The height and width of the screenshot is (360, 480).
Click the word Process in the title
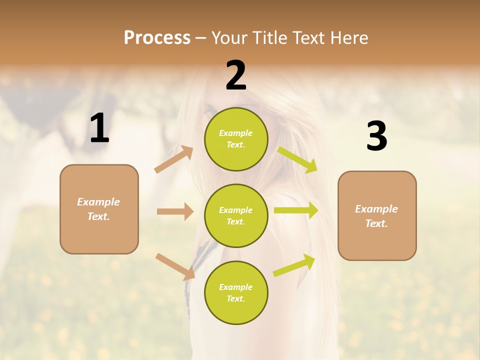click(x=157, y=38)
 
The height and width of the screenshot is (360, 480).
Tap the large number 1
click(x=99, y=128)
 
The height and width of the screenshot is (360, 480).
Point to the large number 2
click(x=236, y=75)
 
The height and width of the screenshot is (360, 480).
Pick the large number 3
click(x=376, y=136)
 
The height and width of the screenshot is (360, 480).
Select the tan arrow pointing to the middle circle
click(x=175, y=211)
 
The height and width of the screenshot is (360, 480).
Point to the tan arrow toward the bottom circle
click(x=175, y=266)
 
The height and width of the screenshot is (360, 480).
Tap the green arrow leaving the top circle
click(x=297, y=160)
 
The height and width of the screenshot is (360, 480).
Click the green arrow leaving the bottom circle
click(x=294, y=265)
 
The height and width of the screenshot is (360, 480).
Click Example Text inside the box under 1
click(x=98, y=209)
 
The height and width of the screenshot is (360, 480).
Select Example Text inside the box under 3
click(x=376, y=216)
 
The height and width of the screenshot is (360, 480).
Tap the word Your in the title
click(x=230, y=38)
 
